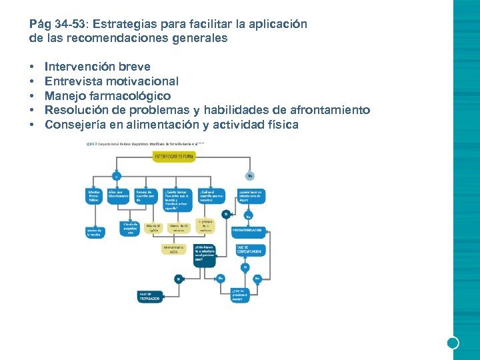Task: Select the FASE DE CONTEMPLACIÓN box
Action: [x=249, y=250]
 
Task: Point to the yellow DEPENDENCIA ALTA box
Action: [x=173, y=249]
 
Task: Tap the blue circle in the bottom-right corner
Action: [x=453, y=343]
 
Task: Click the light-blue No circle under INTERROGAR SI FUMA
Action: [x=249, y=177]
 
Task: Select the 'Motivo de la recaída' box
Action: [x=94, y=232]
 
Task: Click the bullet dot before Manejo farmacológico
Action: [x=32, y=96]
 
